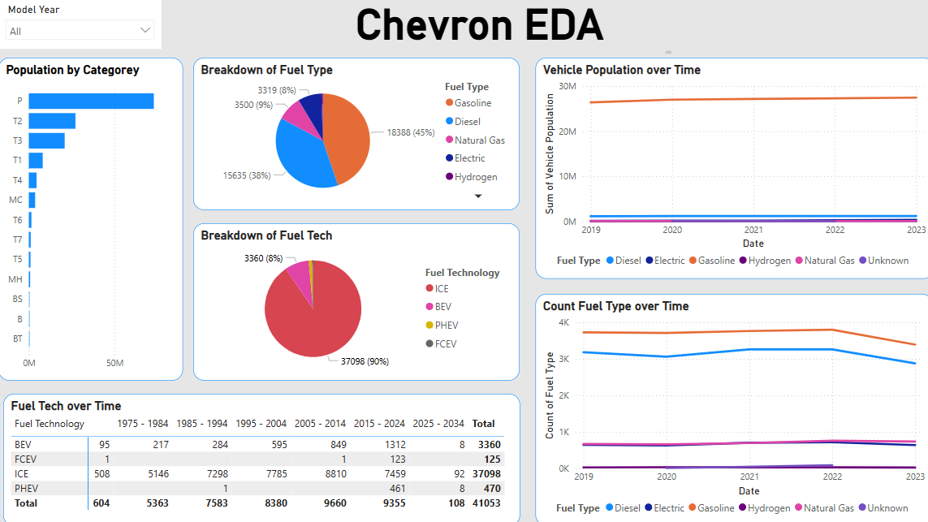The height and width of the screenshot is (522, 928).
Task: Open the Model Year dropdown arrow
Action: [145, 31]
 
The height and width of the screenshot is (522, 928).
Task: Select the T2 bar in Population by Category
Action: [52, 121]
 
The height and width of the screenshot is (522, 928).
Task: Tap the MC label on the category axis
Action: [16, 200]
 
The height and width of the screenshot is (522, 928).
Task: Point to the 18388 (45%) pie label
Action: [410, 132]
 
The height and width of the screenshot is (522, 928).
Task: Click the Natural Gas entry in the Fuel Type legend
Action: [479, 140]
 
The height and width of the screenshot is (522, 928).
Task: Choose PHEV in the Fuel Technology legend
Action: [446, 326]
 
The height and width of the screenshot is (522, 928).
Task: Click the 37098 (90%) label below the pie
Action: [364, 361]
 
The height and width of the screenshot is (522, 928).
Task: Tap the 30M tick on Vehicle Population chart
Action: [568, 86]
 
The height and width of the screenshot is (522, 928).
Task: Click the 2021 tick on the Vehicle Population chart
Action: [753, 231]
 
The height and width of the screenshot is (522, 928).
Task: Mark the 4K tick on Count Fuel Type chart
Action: [563, 323]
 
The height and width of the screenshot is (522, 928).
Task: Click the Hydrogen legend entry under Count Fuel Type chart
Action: [769, 508]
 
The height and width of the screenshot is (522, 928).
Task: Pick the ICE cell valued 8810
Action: [334, 474]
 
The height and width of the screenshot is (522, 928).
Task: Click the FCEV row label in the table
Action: [26, 459]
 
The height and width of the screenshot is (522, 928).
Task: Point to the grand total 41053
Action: [488, 503]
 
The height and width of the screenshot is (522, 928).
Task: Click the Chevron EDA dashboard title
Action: [479, 24]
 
